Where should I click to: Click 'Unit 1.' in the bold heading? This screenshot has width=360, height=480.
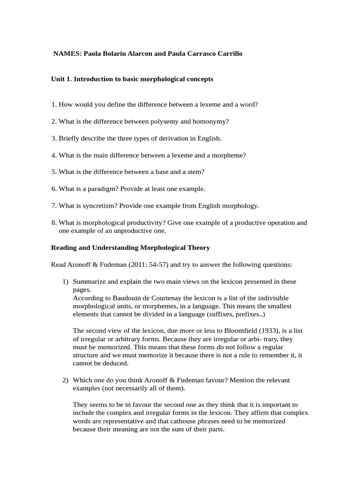click(x=61, y=79)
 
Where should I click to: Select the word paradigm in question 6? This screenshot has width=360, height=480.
click(x=97, y=189)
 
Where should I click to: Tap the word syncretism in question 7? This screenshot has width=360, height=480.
click(x=97, y=206)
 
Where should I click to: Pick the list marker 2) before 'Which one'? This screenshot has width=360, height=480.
click(x=66, y=380)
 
